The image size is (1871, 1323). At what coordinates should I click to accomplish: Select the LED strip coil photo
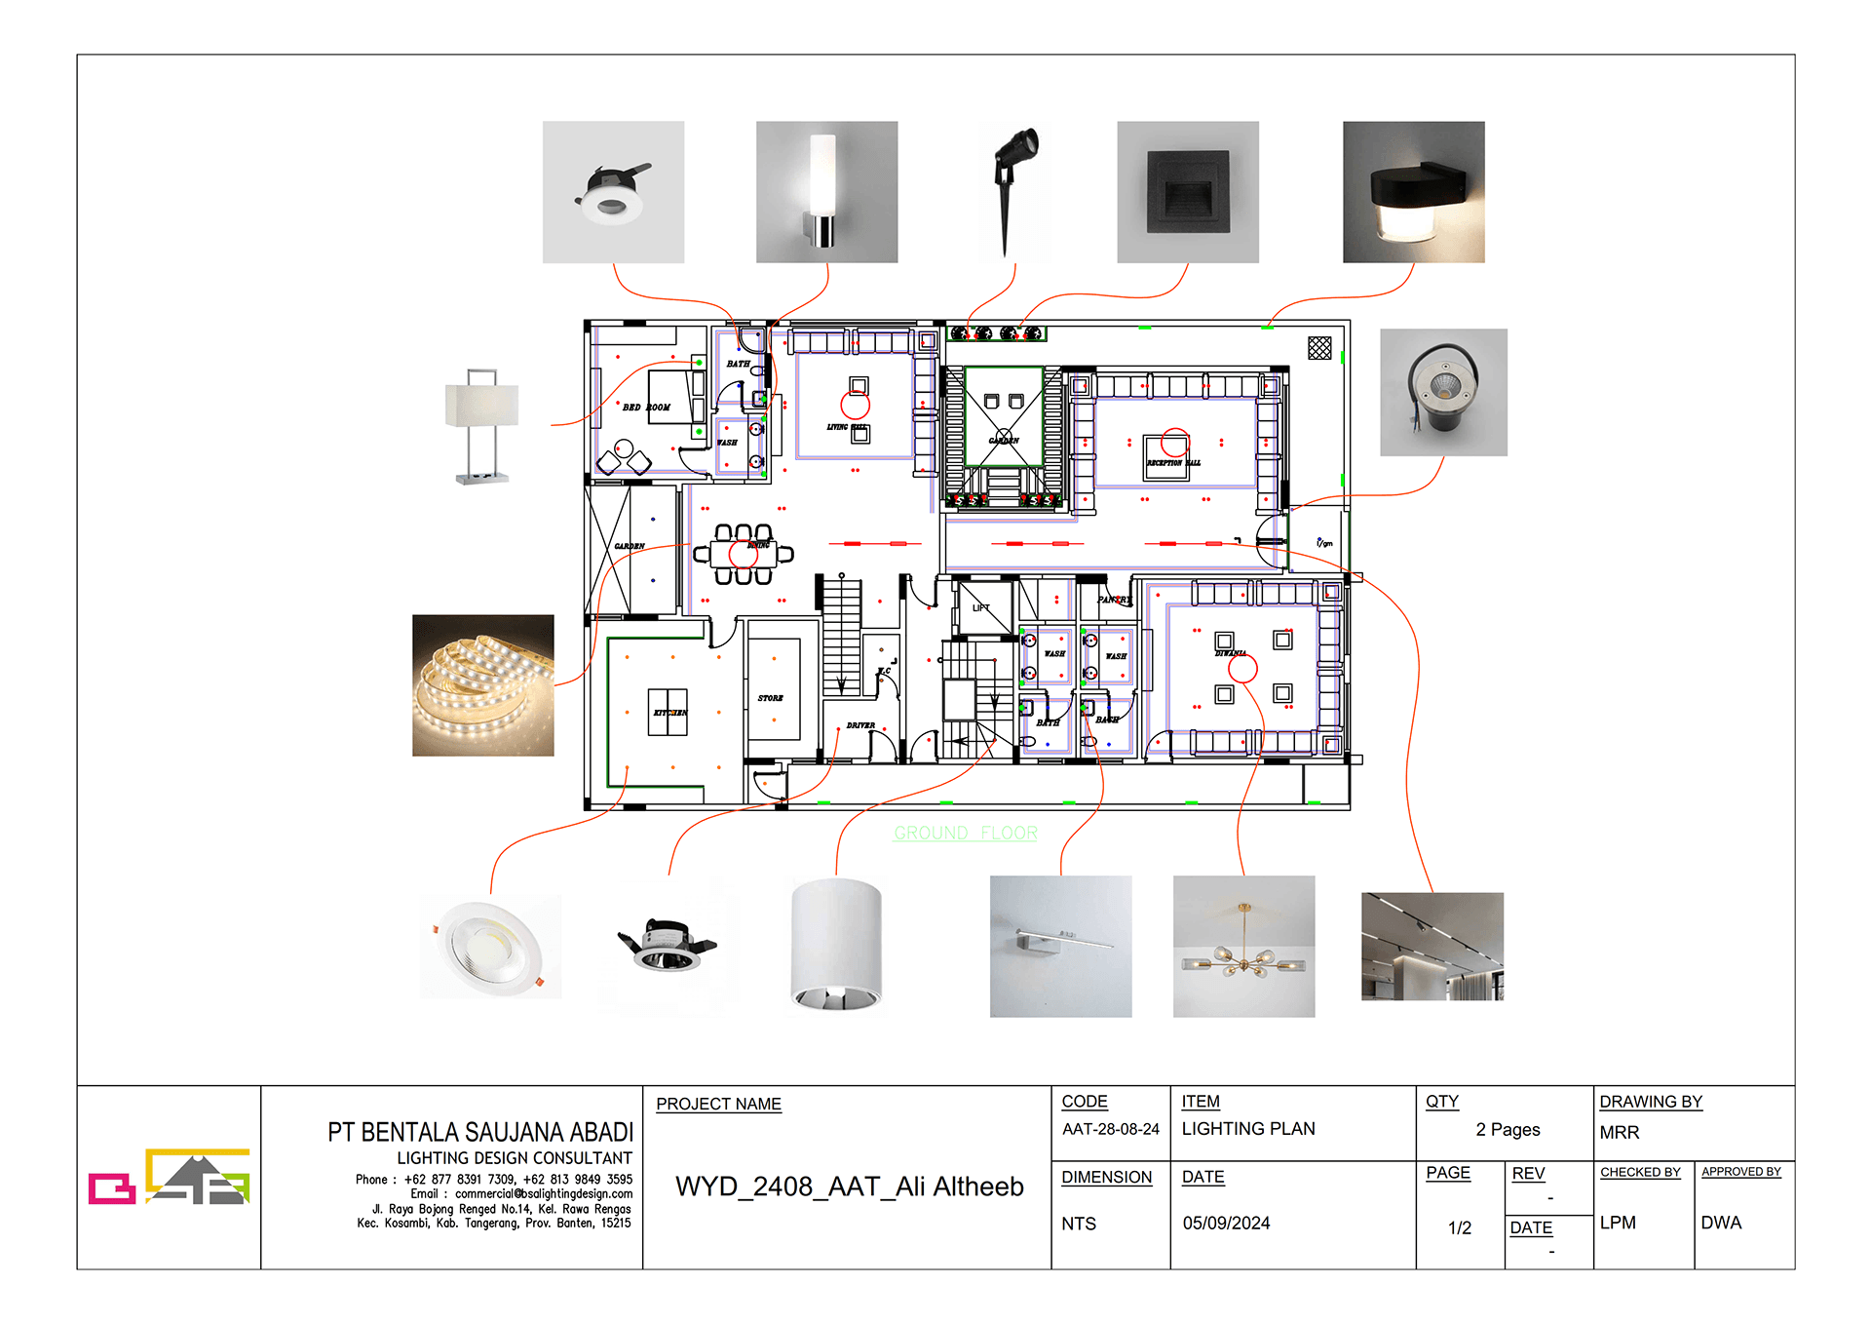(482, 685)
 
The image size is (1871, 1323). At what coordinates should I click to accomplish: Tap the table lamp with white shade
(481, 425)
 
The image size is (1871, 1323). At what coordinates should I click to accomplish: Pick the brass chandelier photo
(1243, 946)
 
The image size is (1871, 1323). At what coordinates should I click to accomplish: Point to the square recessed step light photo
(1187, 192)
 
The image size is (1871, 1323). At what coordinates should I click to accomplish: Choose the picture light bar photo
(1060, 946)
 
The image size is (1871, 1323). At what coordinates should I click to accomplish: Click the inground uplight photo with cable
(1442, 392)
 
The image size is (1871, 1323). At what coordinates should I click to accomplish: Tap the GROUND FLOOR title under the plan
(965, 833)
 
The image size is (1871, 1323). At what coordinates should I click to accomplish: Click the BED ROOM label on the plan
(646, 408)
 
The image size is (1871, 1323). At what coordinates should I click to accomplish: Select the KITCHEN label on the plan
(669, 713)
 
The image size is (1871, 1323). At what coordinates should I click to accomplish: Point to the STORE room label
(770, 698)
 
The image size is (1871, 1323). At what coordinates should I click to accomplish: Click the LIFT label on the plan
(980, 607)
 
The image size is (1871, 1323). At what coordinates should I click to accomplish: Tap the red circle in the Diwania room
(1242, 669)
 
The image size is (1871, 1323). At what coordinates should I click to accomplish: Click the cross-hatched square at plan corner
(1319, 348)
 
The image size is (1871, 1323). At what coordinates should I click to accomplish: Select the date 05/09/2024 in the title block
(1226, 1223)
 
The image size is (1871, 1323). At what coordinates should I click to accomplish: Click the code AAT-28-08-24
(1110, 1129)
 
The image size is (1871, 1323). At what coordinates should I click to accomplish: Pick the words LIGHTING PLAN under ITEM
(1247, 1129)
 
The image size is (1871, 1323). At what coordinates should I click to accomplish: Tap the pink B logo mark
(111, 1187)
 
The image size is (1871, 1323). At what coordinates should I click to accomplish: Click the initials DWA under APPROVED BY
(1720, 1223)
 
